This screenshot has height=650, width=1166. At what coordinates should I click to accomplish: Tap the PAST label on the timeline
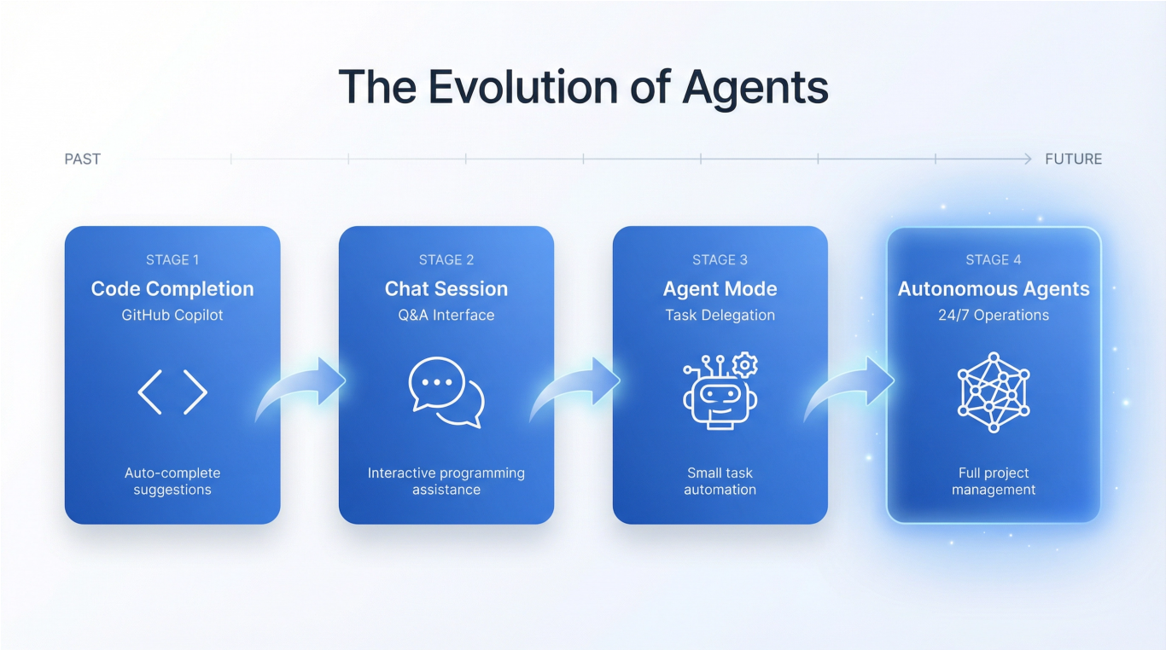click(x=83, y=159)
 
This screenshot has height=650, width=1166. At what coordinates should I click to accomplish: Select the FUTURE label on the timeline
click(x=1073, y=159)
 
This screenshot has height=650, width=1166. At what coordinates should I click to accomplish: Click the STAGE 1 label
click(x=172, y=260)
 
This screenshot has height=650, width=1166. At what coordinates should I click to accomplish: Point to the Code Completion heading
click(x=172, y=289)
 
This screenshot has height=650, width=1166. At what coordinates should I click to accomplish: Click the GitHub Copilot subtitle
click(x=172, y=315)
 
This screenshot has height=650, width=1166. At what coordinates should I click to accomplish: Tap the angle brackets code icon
click(x=172, y=392)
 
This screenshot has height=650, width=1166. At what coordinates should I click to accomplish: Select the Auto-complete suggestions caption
click(x=172, y=481)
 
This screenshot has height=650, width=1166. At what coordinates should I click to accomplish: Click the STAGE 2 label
click(x=446, y=260)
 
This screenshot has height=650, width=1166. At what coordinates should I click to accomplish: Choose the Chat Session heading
click(x=446, y=289)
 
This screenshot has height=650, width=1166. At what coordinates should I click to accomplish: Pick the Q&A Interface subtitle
click(x=446, y=315)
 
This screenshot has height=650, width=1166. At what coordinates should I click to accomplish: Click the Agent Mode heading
click(x=720, y=289)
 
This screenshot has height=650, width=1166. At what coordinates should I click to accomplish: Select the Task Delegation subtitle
click(x=720, y=315)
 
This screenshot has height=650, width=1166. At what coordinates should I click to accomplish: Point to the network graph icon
click(x=994, y=392)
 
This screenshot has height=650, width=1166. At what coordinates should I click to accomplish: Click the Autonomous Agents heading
click(x=994, y=289)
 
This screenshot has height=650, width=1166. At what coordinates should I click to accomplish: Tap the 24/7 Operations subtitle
click(x=994, y=315)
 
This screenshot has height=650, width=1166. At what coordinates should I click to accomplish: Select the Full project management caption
click(x=994, y=481)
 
